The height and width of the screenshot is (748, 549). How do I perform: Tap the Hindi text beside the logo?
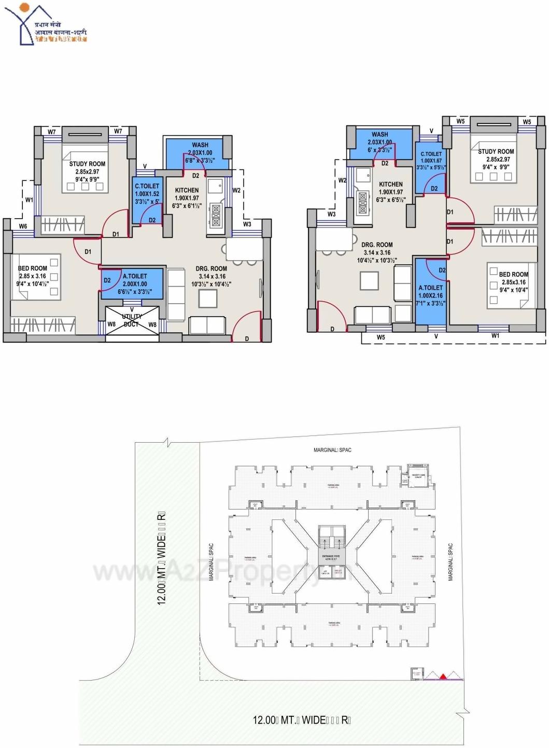pos(61,32)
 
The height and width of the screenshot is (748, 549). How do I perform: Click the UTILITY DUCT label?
pos(131,320)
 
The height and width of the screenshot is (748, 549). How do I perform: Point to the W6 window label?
pos(23,227)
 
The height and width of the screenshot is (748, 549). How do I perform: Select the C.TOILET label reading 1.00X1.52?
pos(147,193)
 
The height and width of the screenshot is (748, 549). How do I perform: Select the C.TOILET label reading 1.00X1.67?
pos(431,161)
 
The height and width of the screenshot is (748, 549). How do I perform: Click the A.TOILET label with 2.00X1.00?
pos(135,284)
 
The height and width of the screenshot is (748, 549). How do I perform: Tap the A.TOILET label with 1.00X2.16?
pos(431,295)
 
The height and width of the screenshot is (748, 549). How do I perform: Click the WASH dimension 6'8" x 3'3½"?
pos(200,161)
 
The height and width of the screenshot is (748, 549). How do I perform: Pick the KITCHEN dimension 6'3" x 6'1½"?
pos(187,206)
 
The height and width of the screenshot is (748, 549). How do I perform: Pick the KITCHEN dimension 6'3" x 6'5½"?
pos(391,200)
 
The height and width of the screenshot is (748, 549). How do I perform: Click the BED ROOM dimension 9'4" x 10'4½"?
pos(32,284)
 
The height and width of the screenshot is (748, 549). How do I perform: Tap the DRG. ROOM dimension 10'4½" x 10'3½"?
pos(377,260)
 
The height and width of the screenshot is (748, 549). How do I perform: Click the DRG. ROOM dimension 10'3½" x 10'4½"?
pos(211,284)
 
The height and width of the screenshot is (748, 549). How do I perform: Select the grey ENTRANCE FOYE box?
pos(330,557)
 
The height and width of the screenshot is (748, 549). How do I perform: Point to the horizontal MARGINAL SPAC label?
pos(332,450)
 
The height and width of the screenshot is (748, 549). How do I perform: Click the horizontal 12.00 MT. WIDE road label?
pos(302,720)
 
